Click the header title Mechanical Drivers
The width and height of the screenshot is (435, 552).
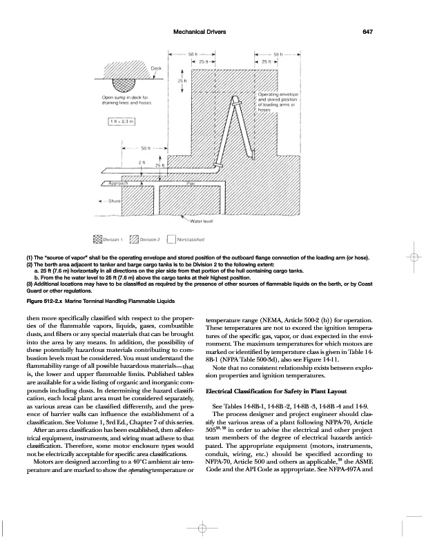coord(193,30)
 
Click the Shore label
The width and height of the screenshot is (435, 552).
coord(115,200)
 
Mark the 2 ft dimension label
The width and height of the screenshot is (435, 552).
coord(142,161)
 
